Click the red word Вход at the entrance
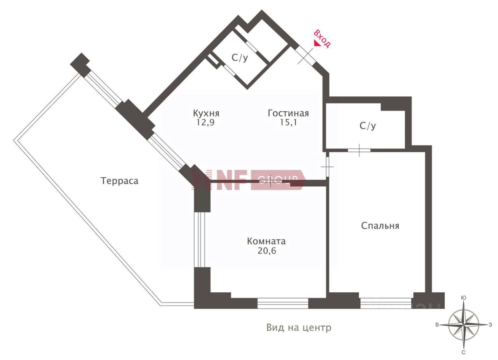(x=322, y=38)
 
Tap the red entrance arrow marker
(x=317, y=44)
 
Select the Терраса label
(x=119, y=181)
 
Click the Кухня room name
(x=206, y=114)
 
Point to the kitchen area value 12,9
(x=205, y=122)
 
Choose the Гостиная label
(x=288, y=113)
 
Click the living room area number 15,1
(x=288, y=122)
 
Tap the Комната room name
(x=267, y=241)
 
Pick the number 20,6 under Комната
(x=267, y=251)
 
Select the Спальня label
(x=380, y=226)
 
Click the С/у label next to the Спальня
(x=368, y=126)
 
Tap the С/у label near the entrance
(x=240, y=58)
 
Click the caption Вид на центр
(x=299, y=327)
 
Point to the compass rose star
(x=463, y=325)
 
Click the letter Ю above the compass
(x=463, y=298)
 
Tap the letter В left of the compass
(x=437, y=325)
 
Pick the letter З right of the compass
(x=490, y=325)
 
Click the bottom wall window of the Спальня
(x=386, y=303)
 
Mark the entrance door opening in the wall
(x=305, y=55)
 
